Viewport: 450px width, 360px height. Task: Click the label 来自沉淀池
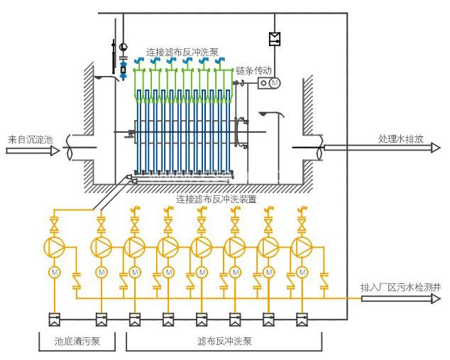point(31,140)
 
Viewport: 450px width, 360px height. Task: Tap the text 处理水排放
point(400,139)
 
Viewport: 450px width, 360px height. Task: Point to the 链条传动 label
point(255,70)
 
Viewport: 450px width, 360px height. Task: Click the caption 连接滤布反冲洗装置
point(216,200)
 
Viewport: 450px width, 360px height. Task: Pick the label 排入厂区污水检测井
point(400,288)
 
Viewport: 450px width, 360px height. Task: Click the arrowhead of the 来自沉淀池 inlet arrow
point(55,151)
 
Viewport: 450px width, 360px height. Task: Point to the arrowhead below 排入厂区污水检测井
point(434,298)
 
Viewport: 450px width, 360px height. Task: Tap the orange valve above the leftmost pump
point(55,227)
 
